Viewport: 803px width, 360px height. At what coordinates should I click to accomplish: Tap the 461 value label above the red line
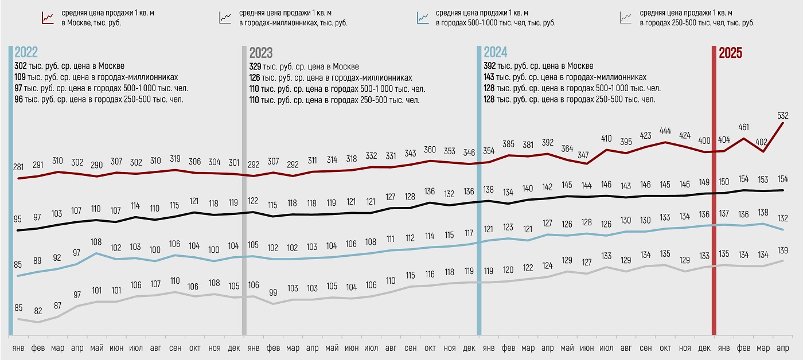coord(743,127)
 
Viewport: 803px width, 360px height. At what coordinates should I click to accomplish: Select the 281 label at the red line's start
coord(19,167)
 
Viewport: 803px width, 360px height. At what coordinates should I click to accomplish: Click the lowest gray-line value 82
coord(38,311)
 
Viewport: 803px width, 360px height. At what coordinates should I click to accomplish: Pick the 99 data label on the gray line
coord(274,292)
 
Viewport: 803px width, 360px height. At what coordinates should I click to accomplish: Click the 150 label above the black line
coord(724,182)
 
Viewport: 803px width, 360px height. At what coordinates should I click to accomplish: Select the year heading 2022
coord(26,53)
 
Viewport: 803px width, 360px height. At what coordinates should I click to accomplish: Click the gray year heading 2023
coord(261,53)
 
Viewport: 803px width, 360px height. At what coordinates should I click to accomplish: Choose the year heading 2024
coord(496,53)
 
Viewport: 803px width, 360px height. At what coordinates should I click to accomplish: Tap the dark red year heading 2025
coord(731,53)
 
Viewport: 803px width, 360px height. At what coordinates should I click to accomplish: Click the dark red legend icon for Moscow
coord(48,18)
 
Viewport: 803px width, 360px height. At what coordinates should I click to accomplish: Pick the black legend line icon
coord(225,18)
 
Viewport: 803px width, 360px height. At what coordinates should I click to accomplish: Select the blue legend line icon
coord(423,18)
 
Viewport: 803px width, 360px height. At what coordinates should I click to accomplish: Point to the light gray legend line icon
coord(626,18)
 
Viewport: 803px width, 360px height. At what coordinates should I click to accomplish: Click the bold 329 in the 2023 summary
coord(255,66)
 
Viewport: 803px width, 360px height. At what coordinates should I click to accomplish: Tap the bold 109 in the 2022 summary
coord(20,77)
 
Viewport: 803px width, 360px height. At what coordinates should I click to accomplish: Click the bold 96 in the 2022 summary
coord(18,100)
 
